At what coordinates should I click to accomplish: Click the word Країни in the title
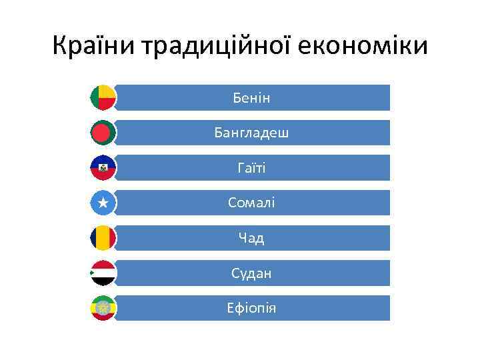pos(94,46)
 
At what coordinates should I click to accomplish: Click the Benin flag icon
pos(103,97)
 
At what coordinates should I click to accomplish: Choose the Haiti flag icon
pos(103,168)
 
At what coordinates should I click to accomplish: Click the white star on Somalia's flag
pos(103,203)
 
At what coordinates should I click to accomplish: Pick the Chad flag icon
pos(103,238)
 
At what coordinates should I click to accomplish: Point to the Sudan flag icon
pos(103,273)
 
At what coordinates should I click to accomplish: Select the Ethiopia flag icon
pos(103,308)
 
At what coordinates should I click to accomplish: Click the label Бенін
pos(251,98)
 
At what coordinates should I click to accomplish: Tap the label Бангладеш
pos(251,133)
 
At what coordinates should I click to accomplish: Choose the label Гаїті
pos(251,168)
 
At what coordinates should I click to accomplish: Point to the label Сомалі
pos(251,203)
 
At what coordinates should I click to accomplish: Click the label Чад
pos(251,238)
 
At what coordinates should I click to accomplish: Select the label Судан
pos(251,273)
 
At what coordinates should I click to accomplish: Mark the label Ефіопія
pos(251,309)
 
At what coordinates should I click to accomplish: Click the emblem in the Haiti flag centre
pos(103,169)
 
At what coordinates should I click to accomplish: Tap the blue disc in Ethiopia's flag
pos(103,308)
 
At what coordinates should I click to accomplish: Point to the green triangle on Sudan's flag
pos(93,273)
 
